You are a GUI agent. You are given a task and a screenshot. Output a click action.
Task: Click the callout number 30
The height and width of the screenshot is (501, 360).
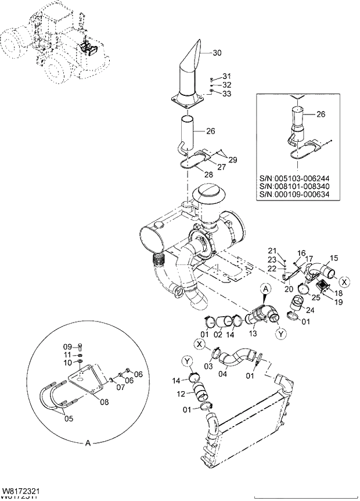point(217,53)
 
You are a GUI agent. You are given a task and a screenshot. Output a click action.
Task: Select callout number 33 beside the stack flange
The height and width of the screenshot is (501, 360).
point(226,94)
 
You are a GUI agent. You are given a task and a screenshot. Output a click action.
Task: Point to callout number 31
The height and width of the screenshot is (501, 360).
point(226,76)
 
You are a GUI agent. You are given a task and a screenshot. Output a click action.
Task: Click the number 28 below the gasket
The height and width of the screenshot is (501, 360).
point(208,174)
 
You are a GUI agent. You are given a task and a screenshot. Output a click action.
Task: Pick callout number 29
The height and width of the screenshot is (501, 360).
point(232,159)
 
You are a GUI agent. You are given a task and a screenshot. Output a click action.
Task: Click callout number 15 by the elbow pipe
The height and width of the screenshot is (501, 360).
point(334,257)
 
